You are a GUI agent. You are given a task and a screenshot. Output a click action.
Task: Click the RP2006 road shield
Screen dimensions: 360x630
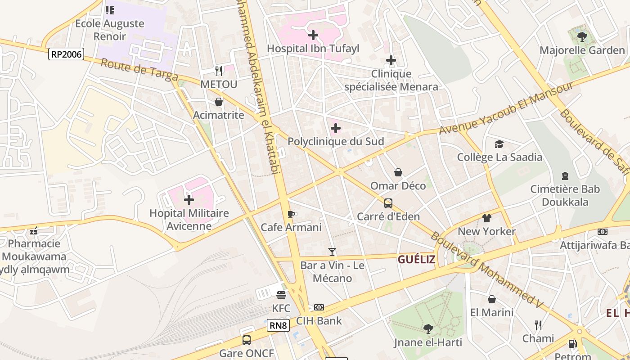click(x=66, y=54)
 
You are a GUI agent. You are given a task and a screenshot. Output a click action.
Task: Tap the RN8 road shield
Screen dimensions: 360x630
click(x=278, y=325)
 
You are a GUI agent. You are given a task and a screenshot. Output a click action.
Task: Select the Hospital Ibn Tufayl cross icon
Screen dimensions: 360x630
click(x=313, y=35)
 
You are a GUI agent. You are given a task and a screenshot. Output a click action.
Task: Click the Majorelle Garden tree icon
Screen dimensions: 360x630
click(x=582, y=36)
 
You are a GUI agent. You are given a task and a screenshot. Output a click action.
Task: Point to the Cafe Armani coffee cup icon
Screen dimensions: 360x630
click(x=291, y=214)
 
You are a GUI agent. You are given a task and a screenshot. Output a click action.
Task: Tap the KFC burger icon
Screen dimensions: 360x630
click(x=281, y=295)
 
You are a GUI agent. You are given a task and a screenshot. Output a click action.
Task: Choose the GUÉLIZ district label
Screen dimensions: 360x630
click(x=416, y=259)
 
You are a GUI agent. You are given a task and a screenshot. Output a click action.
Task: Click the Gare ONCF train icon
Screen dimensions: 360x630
click(x=247, y=340)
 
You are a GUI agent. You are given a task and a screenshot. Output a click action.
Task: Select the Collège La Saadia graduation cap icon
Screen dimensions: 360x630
click(x=499, y=144)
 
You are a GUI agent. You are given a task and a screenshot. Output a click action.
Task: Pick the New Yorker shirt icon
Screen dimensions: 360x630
click(x=486, y=218)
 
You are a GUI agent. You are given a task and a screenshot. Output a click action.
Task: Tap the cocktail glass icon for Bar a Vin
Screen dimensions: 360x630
click(x=332, y=252)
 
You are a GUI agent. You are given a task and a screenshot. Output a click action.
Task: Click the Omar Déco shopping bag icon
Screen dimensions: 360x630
click(x=398, y=172)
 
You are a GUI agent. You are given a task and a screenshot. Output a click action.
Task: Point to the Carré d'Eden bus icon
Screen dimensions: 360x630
click(x=388, y=203)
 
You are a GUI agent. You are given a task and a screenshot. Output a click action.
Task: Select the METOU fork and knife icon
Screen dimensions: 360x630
click(x=219, y=71)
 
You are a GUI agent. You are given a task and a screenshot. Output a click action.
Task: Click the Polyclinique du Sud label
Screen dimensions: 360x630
click(x=336, y=141)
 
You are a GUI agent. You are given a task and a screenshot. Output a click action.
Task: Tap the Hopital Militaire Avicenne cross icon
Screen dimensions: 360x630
click(x=189, y=199)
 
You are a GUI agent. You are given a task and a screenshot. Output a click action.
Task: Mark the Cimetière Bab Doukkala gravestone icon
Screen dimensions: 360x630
click(x=565, y=175)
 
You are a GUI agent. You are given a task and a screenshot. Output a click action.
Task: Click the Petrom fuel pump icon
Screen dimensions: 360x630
click(x=572, y=344)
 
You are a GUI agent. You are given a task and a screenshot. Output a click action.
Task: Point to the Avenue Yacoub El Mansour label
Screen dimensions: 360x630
click(x=506, y=108)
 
